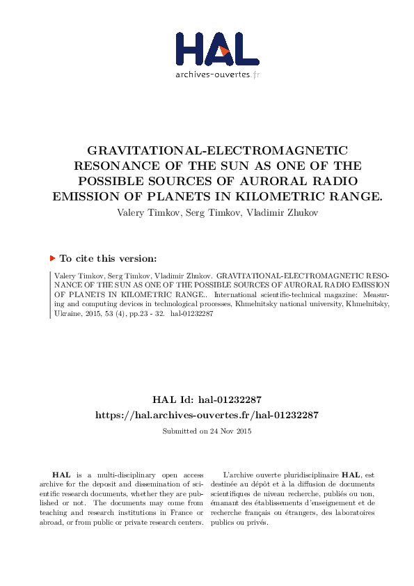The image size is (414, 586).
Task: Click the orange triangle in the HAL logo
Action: coord(223,51)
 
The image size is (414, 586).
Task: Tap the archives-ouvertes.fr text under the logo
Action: coord(217,74)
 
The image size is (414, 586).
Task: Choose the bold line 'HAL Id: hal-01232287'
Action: coord(207,400)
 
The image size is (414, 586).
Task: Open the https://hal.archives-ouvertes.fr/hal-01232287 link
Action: coord(207,415)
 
